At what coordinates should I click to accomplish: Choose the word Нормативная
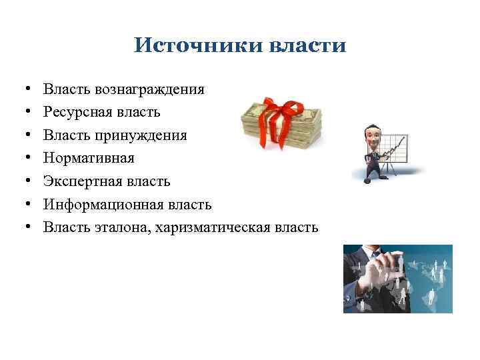(89, 158)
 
